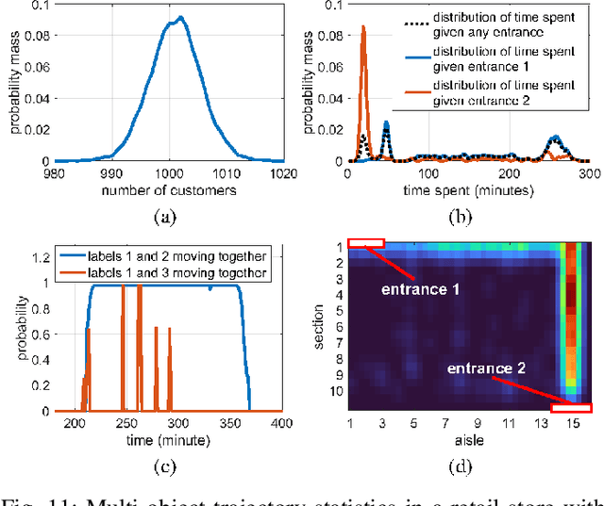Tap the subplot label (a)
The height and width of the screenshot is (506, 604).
point(164,215)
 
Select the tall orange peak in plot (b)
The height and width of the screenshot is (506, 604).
point(363,28)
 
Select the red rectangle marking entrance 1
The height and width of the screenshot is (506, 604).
point(365,244)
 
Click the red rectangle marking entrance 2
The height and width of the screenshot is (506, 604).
point(570,406)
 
